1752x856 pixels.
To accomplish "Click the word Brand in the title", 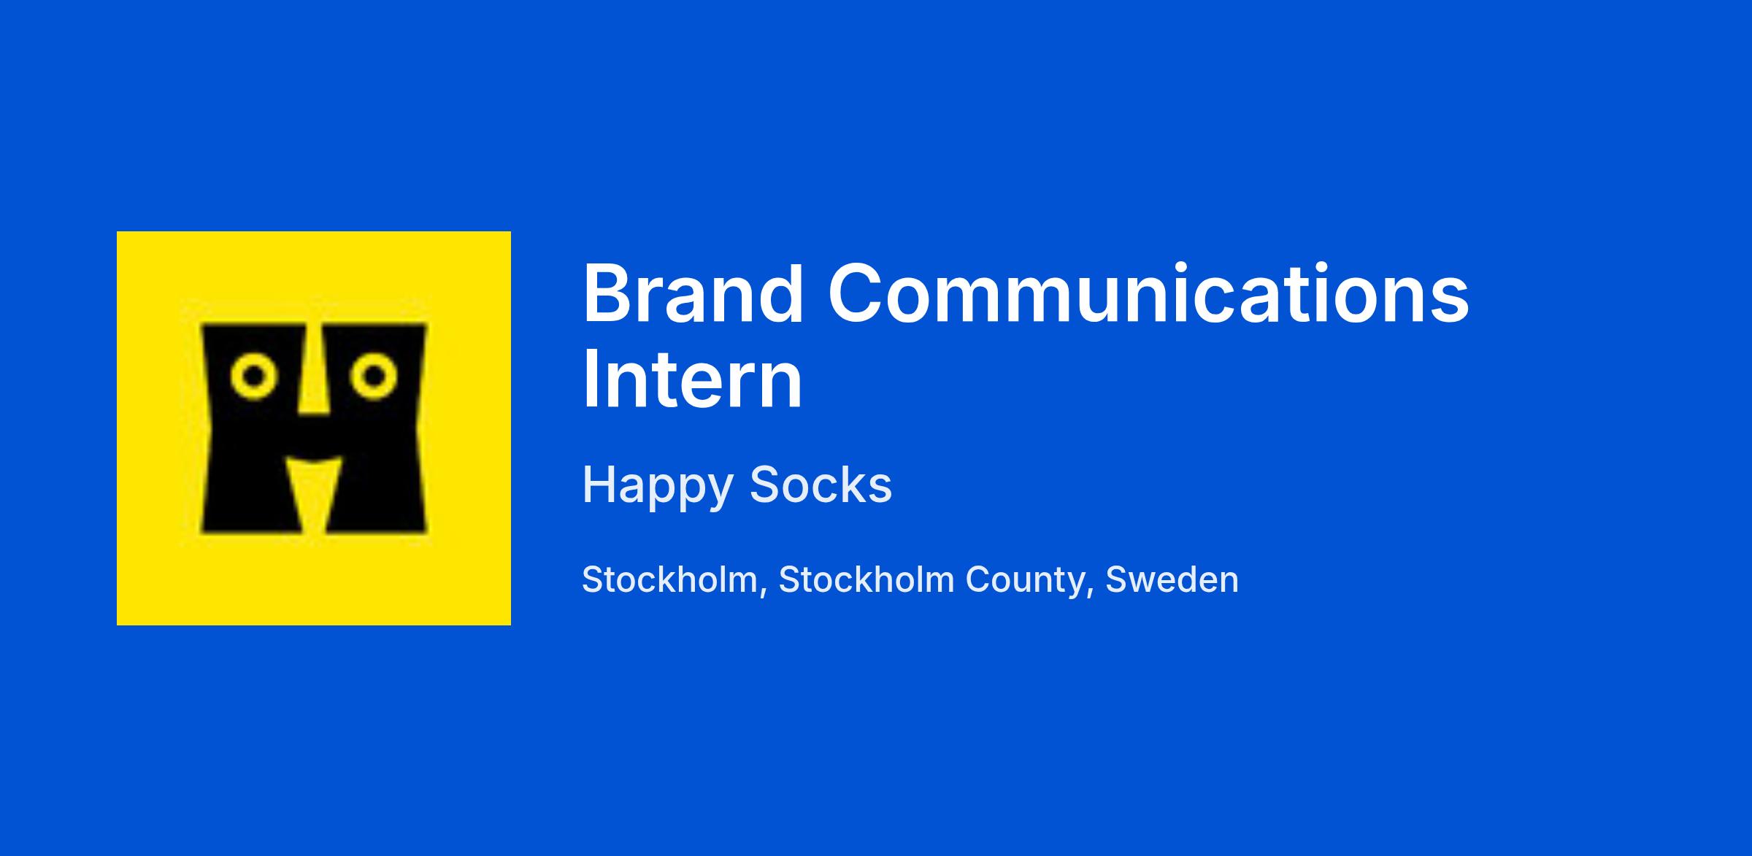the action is [693, 293].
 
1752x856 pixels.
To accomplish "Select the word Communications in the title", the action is [1148, 293].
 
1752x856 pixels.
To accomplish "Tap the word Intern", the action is [692, 379].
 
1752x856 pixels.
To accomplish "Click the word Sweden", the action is [1172, 579].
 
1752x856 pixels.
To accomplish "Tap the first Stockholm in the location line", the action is [669, 579].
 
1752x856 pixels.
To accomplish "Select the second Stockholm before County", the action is [867, 579].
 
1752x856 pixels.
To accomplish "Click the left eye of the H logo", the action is [254, 377].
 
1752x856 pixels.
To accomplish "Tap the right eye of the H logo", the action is [374, 377].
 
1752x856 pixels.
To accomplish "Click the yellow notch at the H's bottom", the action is [314, 493].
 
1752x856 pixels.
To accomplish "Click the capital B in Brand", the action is [606, 293].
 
